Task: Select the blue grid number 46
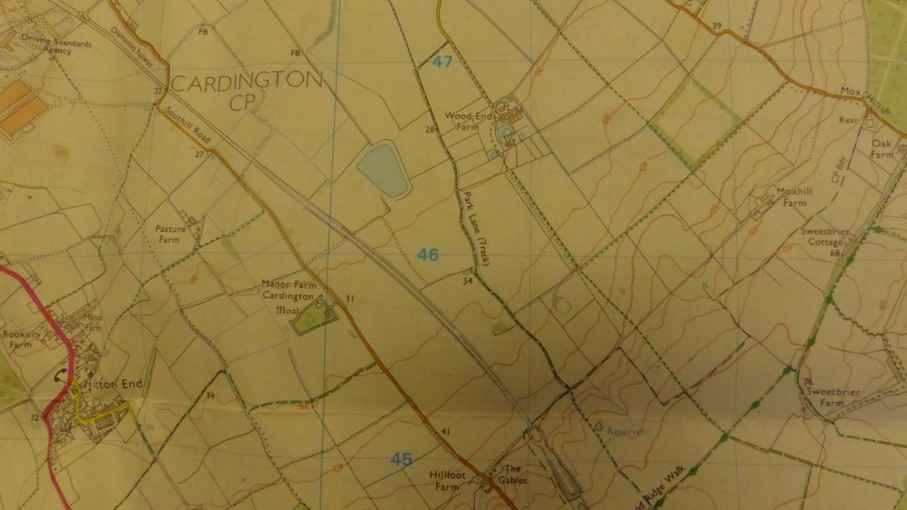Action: click(x=428, y=255)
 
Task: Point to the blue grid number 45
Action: click(x=401, y=459)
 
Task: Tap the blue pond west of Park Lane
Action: click(x=382, y=170)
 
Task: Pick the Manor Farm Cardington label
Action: click(x=290, y=291)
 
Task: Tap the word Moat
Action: click(x=288, y=311)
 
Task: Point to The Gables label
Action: click(x=514, y=474)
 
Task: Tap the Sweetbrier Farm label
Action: click(x=825, y=396)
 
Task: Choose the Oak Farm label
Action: click(x=881, y=148)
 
